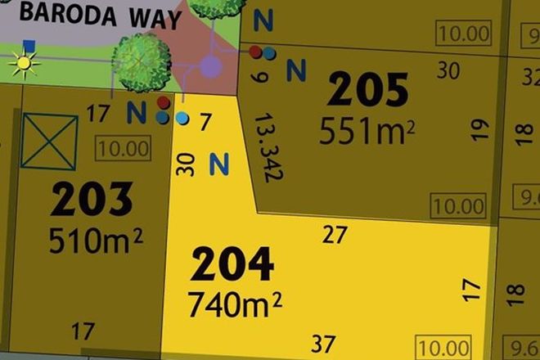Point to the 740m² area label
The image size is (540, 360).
coord(235,304)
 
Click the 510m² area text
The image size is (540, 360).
coord(96,240)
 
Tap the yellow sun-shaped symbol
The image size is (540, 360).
coord(24,62)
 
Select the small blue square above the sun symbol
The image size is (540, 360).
coord(29,46)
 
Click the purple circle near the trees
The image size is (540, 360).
coord(211,66)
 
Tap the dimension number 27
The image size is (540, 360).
coord(335,236)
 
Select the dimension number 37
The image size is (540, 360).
coord(324,342)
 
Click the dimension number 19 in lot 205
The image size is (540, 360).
coord(479,130)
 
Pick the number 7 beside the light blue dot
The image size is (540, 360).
coord(205,121)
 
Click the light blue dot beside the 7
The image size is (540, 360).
coord(182,119)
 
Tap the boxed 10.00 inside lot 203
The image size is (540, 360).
coord(123,149)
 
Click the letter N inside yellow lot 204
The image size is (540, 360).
coord(218,164)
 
